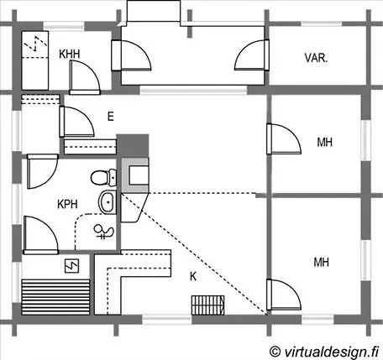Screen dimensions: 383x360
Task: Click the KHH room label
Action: [69, 54]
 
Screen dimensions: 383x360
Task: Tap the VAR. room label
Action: [316, 58]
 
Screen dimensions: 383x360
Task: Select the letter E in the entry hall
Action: [111, 116]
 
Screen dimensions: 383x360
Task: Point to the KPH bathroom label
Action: [67, 204]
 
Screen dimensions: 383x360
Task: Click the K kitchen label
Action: [193, 276]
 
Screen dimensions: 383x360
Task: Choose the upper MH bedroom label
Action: [324, 142]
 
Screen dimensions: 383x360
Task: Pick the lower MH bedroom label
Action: [321, 262]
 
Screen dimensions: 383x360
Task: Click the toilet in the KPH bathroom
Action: [103, 177]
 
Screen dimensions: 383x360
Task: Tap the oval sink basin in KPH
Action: [107, 202]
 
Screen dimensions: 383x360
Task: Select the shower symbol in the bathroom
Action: [103, 232]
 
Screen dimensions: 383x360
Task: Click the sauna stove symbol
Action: [71, 266]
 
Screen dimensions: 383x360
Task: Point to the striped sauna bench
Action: [55, 297]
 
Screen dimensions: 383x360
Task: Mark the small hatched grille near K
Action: [208, 305]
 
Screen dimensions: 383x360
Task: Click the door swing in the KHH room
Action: [84, 77]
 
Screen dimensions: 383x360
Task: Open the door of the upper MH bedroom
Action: [284, 138]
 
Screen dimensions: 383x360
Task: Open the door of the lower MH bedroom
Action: [284, 295]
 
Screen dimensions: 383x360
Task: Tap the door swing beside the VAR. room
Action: [252, 55]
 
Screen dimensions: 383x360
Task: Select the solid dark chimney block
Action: [133, 146]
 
